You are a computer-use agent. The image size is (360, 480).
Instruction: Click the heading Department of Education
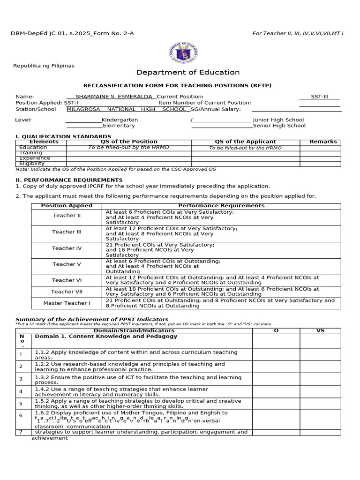click(187, 72)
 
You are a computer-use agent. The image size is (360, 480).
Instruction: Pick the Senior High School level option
click(279, 126)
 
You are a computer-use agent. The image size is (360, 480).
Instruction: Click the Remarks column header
click(323, 142)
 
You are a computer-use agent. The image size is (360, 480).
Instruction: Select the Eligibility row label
click(32, 164)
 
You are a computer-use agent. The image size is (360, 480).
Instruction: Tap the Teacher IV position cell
click(67, 248)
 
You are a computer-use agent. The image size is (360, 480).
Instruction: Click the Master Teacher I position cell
click(67, 303)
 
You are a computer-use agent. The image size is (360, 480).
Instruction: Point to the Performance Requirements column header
click(221, 206)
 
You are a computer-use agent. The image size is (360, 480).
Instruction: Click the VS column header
click(320, 330)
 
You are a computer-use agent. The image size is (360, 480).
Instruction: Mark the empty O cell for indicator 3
click(276, 379)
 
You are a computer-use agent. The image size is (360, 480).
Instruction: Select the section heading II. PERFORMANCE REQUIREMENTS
click(69, 180)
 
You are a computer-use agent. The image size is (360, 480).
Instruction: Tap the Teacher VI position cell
click(67, 280)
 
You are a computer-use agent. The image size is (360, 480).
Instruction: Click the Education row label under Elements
click(33, 147)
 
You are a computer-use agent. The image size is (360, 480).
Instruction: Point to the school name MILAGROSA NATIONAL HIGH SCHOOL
click(127, 109)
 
